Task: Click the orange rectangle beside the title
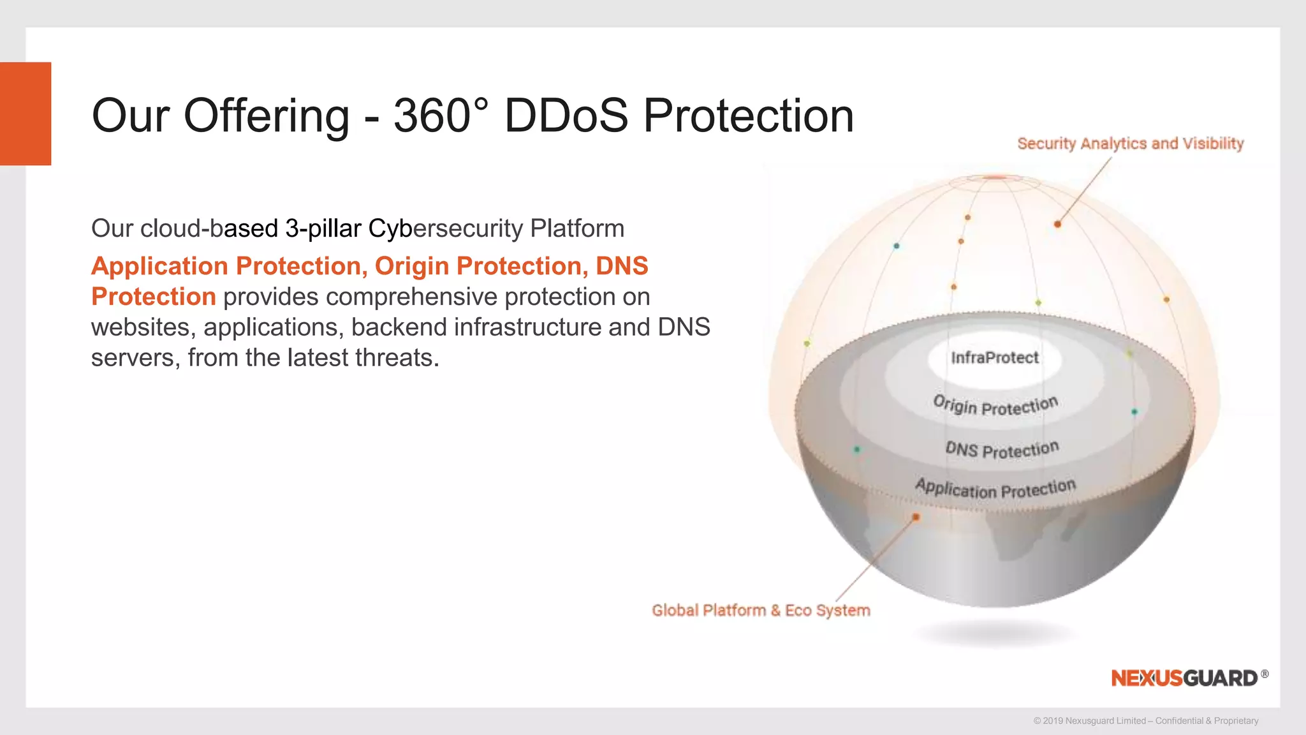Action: click(x=26, y=114)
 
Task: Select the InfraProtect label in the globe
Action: click(x=995, y=358)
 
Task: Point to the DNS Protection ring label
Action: click(x=1002, y=449)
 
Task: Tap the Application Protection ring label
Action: click(x=995, y=489)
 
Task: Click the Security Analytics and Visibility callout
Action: click(x=1130, y=144)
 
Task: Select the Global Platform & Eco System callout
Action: click(x=761, y=611)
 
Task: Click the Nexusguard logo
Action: click(x=1185, y=678)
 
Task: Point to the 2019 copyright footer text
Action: click(x=1145, y=721)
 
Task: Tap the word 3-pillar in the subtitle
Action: click(x=323, y=228)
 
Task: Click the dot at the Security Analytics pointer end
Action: click(x=1057, y=224)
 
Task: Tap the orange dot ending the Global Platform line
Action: click(x=916, y=517)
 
